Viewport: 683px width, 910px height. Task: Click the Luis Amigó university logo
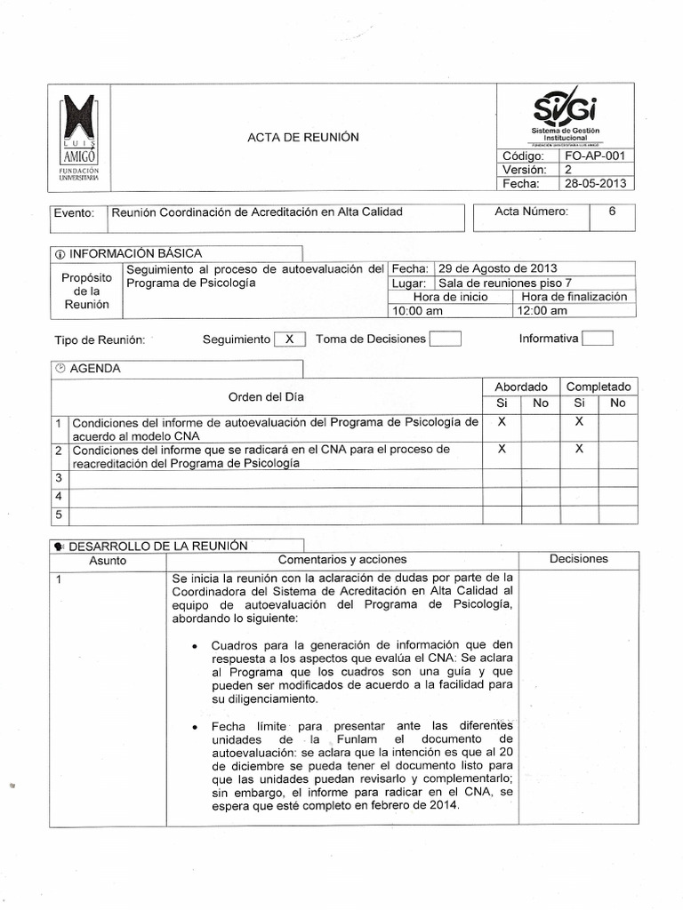coord(79,139)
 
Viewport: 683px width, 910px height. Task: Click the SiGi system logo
coord(566,111)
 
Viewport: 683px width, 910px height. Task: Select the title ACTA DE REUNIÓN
coord(302,137)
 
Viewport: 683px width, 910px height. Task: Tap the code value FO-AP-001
coord(595,156)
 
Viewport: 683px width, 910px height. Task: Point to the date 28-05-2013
coord(595,184)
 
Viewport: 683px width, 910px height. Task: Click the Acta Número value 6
coord(612,212)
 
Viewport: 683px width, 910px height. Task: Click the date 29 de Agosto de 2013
coord(498,269)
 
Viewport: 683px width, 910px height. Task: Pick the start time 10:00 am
coord(417,311)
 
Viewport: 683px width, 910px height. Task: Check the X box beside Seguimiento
coord(289,339)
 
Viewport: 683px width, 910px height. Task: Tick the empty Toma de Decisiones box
coord(445,339)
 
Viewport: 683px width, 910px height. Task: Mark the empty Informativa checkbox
coord(597,338)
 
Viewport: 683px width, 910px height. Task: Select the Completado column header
coord(599,387)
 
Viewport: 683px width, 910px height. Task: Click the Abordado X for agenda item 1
coord(502,423)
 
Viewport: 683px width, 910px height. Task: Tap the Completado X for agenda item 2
coord(579,450)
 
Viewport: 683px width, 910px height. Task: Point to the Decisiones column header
coord(579,559)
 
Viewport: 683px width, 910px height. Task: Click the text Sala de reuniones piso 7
coord(505,283)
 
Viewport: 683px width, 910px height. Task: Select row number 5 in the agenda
coord(59,514)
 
